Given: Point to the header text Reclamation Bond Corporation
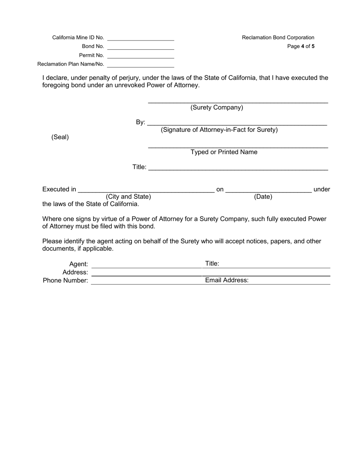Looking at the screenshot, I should point(278,38).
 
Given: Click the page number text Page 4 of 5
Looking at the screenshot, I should point(301,47).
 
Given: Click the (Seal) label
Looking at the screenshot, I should point(60,137).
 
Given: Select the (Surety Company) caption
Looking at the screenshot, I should point(217,108).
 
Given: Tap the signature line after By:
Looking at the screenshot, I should point(237,123).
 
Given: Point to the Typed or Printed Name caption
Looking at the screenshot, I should point(224,152).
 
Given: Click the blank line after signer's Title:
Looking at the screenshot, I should point(238,169).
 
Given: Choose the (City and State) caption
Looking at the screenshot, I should point(128,197).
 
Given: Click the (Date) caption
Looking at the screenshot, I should point(263,197).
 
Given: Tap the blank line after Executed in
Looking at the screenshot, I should point(146,191).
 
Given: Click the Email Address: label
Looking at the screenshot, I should point(227,280).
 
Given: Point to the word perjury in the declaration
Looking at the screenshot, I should point(127,78).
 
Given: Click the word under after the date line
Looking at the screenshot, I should point(322,189).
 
